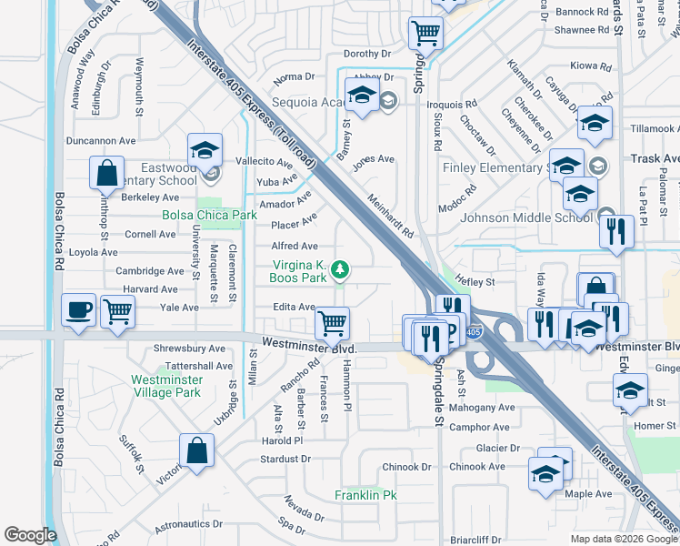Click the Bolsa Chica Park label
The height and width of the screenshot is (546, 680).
[x=209, y=216]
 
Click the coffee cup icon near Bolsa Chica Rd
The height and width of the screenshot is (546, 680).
[x=78, y=309]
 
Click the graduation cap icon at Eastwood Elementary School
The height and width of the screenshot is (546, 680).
[x=205, y=149]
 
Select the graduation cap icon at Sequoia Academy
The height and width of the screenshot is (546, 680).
[x=362, y=96]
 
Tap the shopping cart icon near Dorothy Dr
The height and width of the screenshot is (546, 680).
[x=425, y=34]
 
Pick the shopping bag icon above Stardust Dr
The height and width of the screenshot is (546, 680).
[x=196, y=450]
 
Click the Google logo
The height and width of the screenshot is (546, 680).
[x=30, y=535]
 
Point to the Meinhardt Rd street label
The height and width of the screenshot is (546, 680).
[x=391, y=215]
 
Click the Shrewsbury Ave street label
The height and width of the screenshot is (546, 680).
[x=190, y=349]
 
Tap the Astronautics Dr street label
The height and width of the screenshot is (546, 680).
[x=188, y=524]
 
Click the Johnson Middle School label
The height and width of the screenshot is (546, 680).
[x=526, y=217]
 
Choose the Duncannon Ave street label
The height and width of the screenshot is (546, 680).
[x=101, y=141]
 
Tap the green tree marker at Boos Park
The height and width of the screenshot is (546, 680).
[x=340, y=269]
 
